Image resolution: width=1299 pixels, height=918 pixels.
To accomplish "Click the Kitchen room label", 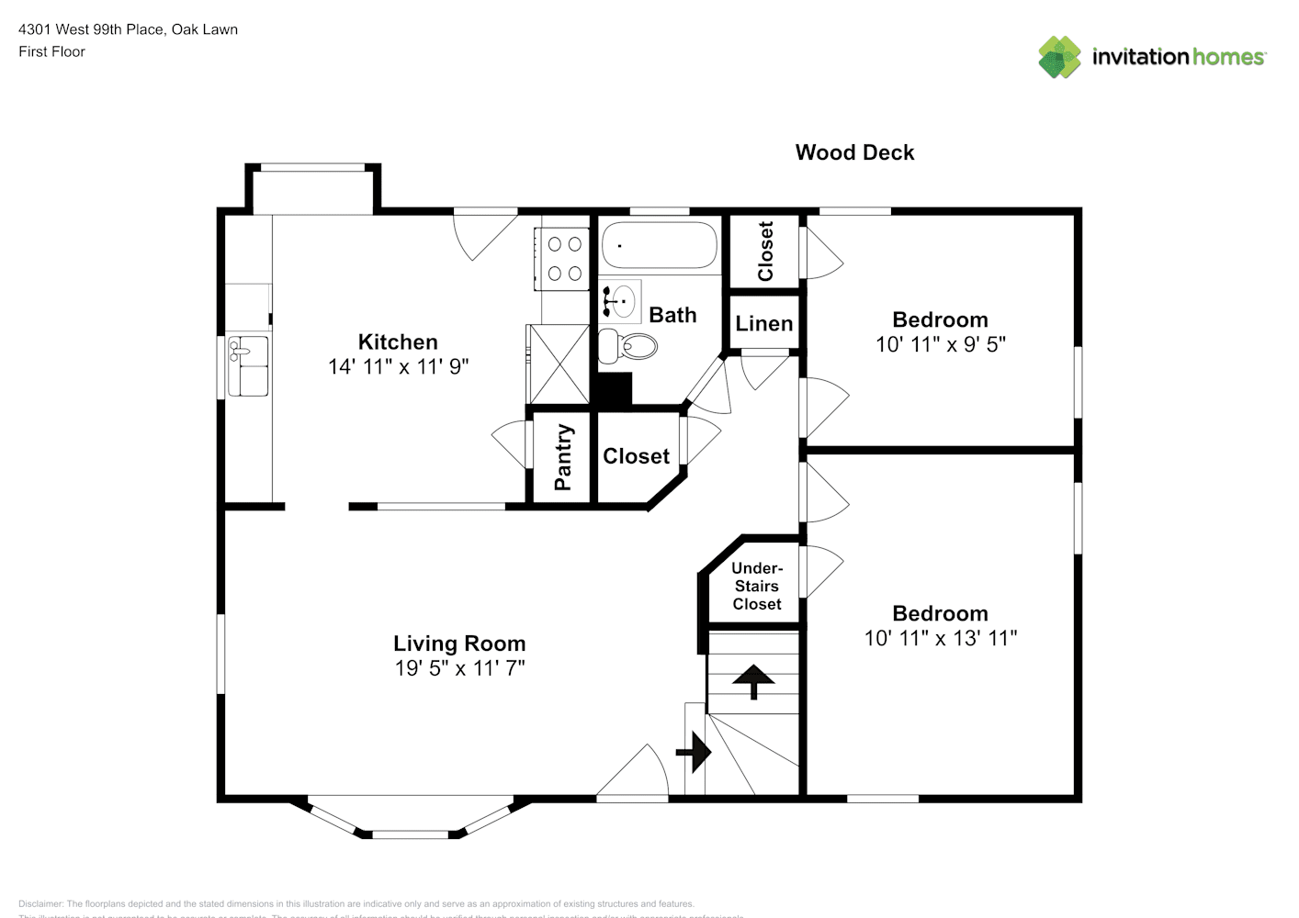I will (x=398, y=342).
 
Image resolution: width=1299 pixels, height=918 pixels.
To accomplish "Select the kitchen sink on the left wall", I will (x=248, y=364).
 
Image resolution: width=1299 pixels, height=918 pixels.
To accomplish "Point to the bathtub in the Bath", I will (x=659, y=245).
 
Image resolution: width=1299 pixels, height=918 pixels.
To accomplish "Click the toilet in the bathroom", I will (x=629, y=346).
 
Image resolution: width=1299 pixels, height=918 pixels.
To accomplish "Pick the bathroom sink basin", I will (x=623, y=300).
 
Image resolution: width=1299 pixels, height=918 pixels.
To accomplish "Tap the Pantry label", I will (x=562, y=456).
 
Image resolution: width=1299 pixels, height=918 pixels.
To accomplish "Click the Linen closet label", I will (x=763, y=324).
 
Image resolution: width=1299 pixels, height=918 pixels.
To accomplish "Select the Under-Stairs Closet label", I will (x=757, y=586).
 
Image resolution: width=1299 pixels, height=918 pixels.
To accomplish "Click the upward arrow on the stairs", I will (x=753, y=681).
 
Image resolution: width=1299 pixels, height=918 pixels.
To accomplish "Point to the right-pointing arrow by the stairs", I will (x=695, y=753).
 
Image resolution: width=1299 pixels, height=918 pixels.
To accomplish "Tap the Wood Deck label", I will (x=854, y=152).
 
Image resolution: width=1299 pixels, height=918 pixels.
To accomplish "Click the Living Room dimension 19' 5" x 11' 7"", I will (x=459, y=668).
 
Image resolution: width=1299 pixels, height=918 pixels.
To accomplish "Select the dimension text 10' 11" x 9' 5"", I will (x=940, y=344).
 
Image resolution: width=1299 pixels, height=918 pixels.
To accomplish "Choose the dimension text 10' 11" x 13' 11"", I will (x=940, y=638).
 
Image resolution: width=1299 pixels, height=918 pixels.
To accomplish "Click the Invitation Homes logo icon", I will (x=1059, y=57).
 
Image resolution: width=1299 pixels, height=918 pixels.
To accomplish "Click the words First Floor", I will (x=51, y=51).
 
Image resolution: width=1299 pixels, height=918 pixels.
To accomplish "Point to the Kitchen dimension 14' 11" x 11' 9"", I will (x=398, y=366).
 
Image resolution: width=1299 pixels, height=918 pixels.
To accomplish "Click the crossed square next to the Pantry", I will (x=558, y=364).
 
